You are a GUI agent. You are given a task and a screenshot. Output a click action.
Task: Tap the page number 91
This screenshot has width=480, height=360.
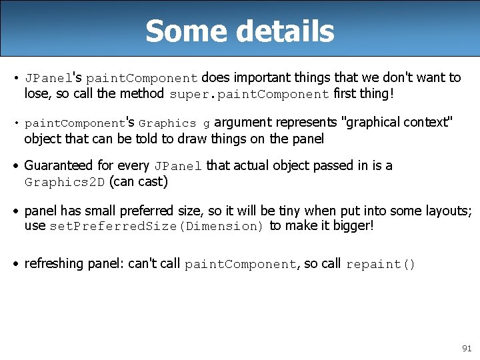466,348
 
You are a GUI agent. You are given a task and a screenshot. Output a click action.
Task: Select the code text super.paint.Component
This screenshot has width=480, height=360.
249,94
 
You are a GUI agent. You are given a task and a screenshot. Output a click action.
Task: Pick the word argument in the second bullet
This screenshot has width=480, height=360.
242,122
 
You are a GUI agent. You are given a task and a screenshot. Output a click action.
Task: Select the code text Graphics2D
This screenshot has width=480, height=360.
65,182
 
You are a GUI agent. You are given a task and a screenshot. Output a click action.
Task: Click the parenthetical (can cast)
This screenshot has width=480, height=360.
138,181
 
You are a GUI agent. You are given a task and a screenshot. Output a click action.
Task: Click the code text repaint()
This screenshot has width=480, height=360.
381,264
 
